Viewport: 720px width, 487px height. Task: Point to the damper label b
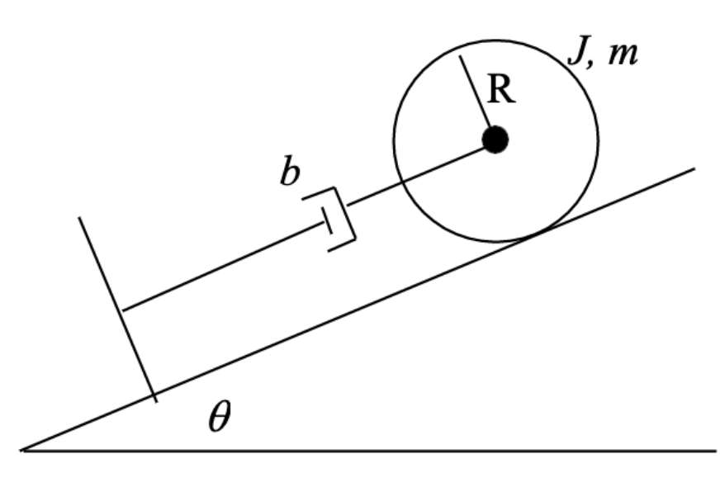pyautogui.click(x=288, y=174)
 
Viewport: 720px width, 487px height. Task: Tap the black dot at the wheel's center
pyautogui.click(x=495, y=139)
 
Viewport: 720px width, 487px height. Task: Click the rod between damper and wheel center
pyautogui.click(x=417, y=173)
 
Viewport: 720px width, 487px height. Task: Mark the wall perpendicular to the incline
pyautogui.click(x=116, y=305)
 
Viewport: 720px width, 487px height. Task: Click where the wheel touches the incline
pyautogui.click(x=520, y=240)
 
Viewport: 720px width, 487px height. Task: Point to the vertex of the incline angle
pyautogui.click(x=23, y=450)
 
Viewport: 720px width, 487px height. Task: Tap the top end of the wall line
pyautogui.click(x=79, y=218)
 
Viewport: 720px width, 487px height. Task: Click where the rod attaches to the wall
pyautogui.click(x=122, y=310)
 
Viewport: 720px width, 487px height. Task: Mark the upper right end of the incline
pyautogui.click(x=694, y=168)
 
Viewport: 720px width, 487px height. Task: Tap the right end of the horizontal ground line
pyautogui.click(x=714, y=451)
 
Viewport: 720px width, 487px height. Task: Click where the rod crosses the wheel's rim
pyautogui.click(x=400, y=181)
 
